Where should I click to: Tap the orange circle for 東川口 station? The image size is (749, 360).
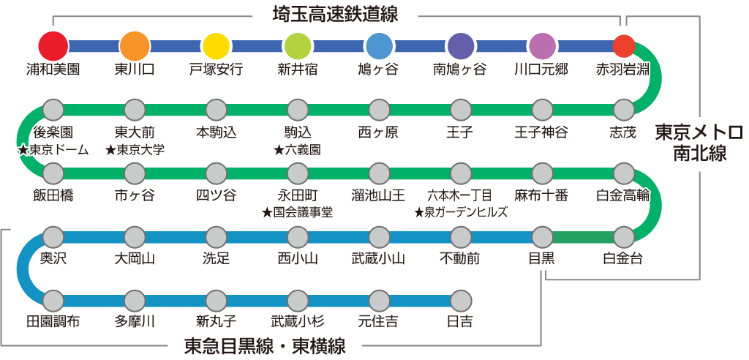[134, 45]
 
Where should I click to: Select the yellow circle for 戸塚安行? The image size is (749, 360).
[216, 45]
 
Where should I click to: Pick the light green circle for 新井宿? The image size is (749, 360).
[298, 45]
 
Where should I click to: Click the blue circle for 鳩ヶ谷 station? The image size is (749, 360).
[379, 45]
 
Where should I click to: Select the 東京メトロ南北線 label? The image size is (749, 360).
[698, 143]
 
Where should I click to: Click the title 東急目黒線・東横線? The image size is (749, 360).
[266, 345]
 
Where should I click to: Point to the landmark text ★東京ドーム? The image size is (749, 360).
[53, 150]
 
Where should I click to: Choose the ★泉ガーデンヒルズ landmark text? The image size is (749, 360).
[460, 212]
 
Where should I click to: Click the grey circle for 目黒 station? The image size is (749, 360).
[542, 236]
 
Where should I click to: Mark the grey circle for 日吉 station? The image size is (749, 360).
[460, 300]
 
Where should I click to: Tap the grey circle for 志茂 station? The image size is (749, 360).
[623, 110]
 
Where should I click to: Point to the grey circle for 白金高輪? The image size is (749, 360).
[623, 173]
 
